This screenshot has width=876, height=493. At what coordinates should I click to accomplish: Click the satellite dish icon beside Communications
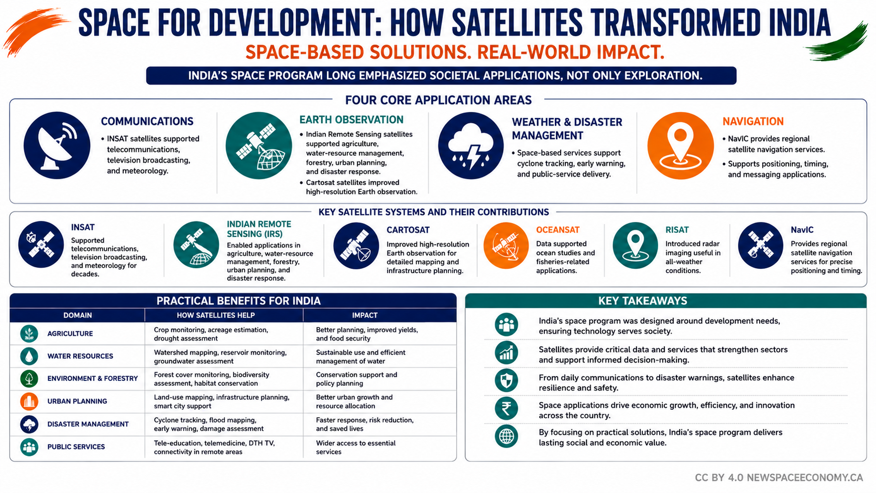click(57, 146)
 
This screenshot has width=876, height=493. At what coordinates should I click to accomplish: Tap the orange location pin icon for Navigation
click(680, 146)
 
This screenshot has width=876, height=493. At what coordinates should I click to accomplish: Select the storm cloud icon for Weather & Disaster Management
click(471, 146)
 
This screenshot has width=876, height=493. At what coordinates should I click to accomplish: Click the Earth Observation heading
click(351, 119)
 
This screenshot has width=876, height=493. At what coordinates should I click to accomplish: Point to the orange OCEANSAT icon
click(506, 245)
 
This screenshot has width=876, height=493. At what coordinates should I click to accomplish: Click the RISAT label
click(677, 230)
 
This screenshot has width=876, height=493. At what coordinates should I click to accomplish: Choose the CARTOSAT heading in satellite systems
click(408, 230)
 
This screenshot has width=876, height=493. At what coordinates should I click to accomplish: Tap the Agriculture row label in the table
click(70, 333)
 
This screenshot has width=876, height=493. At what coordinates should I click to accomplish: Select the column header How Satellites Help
click(216, 315)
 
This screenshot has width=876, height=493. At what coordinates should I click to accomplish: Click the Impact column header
click(365, 315)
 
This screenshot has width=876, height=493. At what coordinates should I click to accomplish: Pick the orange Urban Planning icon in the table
click(29, 401)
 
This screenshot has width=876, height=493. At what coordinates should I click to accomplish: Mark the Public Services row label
click(76, 447)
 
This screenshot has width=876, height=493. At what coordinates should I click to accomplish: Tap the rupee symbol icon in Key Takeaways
click(506, 408)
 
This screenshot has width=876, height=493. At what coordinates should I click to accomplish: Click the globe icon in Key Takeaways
click(506, 436)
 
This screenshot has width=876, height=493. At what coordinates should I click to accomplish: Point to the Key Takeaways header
click(643, 301)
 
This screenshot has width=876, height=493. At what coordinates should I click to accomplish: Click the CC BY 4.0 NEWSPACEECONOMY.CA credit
click(779, 478)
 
